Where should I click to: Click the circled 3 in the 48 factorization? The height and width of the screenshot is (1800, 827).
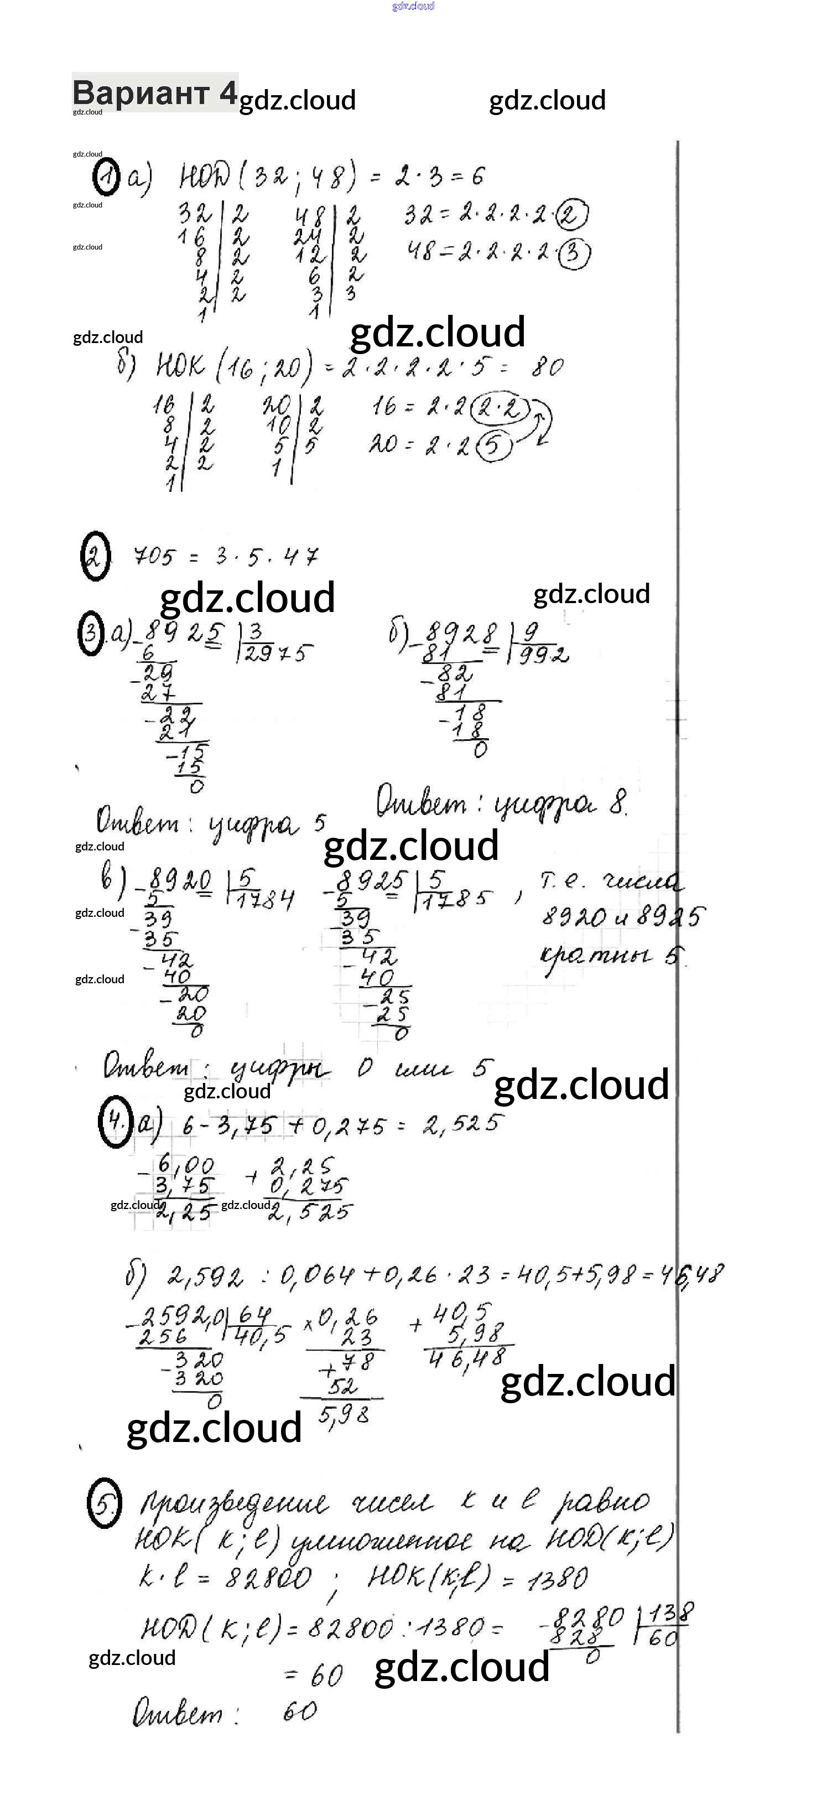pyautogui.click(x=574, y=253)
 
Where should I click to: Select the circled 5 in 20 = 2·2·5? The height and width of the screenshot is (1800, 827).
pyautogui.click(x=493, y=446)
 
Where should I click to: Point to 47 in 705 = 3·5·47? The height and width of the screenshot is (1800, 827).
pyautogui.click(x=301, y=557)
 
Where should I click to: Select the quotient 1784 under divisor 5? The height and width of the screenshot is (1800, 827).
pyautogui.click(x=266, y=899)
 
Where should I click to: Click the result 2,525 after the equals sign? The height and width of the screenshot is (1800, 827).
pyautogui.click(x=462, y=1124)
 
